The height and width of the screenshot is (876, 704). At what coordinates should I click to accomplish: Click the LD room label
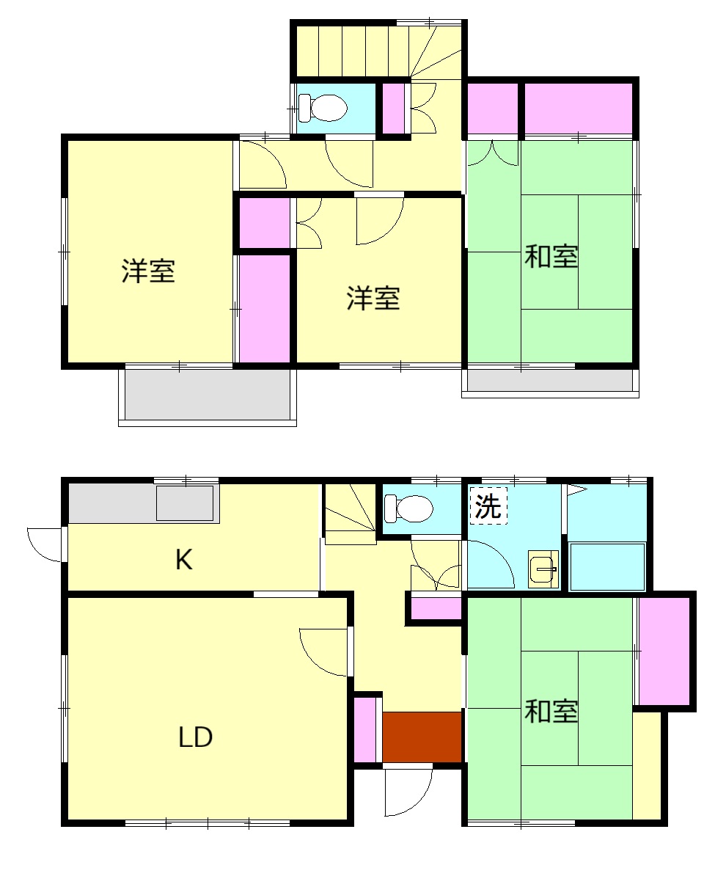coord(195,737)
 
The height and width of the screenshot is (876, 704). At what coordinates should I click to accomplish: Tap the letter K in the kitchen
coord(183,561)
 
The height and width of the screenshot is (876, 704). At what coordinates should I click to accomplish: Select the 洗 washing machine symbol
coord(488,506)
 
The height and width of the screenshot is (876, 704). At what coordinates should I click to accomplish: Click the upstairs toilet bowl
coord(326,109)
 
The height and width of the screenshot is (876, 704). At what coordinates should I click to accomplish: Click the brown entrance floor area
coord(422,737)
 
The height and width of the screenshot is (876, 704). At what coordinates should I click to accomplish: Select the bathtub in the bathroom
coord(606,566)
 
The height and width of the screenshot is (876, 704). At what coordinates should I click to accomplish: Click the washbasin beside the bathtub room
coord(543,569)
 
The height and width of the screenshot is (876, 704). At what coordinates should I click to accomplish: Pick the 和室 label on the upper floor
coord(551,257)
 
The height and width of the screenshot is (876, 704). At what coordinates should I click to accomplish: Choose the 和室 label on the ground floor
coord(551,711)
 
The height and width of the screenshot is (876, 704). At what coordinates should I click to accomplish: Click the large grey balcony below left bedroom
coord(208,394)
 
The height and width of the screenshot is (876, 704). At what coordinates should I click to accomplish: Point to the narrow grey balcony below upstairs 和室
coord(550,380)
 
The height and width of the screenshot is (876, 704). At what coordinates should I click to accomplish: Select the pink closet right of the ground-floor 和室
coord(664,651)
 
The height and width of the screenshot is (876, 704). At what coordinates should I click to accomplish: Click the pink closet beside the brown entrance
coord(364,730)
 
